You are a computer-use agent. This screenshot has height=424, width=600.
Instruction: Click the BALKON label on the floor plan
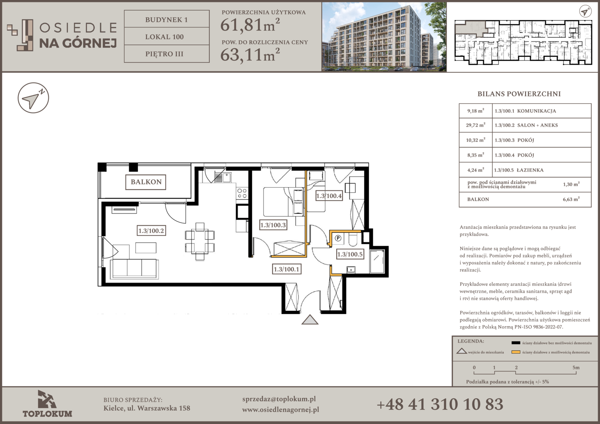point(146,182)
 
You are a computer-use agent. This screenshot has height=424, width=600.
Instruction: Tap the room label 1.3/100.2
point(151,230)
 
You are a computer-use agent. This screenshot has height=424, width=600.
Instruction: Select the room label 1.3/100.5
point(350,254)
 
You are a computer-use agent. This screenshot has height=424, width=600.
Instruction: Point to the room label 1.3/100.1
point(286,269)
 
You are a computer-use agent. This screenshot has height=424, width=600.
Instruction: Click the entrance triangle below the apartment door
point(310,320)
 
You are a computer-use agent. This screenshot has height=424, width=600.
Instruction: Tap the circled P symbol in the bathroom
point(338,238)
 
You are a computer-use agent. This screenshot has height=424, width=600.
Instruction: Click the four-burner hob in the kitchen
point(242,194)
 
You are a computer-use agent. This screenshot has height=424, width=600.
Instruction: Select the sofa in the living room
point(135,269)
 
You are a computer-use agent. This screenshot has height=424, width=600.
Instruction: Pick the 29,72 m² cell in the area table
point(476,125)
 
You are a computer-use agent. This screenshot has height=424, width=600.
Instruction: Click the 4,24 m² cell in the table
point(476,170)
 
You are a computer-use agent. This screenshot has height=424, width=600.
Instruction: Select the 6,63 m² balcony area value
point(571,199)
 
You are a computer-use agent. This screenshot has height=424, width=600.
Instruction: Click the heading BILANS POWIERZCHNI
point(519,94)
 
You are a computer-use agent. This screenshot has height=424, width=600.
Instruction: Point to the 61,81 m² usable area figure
point(250,25)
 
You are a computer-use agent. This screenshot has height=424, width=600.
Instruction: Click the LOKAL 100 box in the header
point(166,37)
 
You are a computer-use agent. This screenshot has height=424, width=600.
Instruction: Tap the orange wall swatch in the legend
point(516,352)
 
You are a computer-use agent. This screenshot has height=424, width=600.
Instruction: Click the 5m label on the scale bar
point(576,367)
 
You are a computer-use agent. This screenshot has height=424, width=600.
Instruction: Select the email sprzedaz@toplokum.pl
point(279,399)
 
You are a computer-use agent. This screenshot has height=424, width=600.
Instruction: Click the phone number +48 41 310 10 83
point(440,404)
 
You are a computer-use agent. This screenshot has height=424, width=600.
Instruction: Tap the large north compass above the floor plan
point(33,98)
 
